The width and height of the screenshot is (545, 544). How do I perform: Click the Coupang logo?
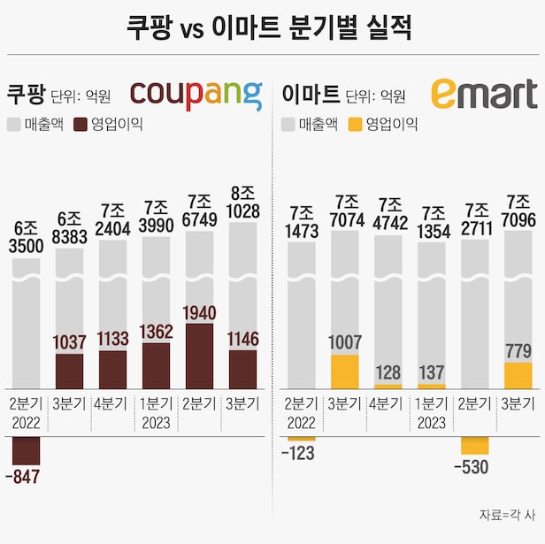click(196, 95)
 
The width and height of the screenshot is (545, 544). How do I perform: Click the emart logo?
click(483, 94)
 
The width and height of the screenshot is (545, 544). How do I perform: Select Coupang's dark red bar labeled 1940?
click(200, 356)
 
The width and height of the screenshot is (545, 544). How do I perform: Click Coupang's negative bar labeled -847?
click(26, 451)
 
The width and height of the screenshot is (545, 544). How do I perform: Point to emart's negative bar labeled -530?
click(474, 446)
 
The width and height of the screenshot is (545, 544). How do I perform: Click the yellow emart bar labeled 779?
click(518, 375)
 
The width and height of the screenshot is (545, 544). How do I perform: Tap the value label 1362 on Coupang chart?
click(157, 332)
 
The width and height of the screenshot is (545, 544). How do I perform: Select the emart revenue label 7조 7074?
click(344, 212)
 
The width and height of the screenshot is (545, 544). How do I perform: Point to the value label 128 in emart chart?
click(388, 373)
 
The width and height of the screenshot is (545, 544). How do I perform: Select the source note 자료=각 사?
click(507, 514)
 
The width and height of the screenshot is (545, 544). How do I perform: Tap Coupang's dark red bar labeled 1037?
click(69, 371)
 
